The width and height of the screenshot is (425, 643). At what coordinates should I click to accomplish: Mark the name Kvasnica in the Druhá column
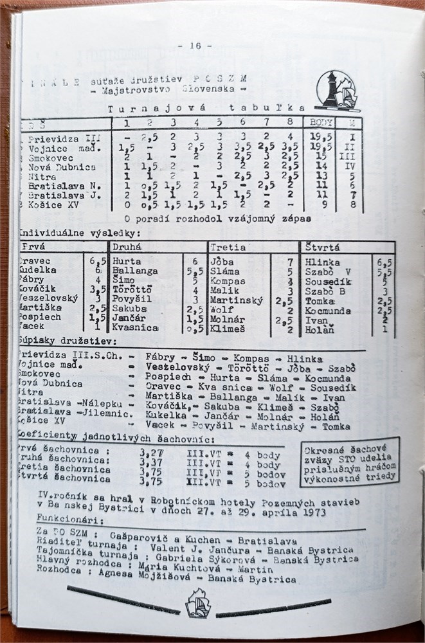pyautogui.click(x=135, y=328)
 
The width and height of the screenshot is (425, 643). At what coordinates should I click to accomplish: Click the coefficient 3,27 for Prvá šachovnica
pyautogui.click(x=152, y=452)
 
